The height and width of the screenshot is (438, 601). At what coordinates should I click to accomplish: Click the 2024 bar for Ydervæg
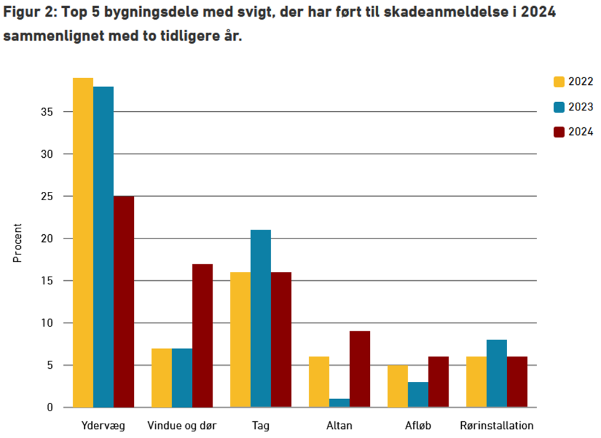[124, 302]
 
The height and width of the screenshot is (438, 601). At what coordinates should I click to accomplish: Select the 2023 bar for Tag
[260, 318]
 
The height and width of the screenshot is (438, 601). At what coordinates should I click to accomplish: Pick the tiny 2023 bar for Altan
[339, 403]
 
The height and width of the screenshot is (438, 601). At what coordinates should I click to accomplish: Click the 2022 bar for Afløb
[397, 386]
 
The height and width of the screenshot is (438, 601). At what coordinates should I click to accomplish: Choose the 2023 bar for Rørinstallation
[496, 373]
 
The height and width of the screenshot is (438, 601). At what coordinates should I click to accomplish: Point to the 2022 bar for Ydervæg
[83, 243]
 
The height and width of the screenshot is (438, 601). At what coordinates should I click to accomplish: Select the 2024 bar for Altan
[360, 369]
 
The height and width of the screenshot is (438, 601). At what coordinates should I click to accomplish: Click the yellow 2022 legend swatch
[560, 82]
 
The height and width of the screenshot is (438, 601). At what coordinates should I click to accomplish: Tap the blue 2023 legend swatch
[560, 107]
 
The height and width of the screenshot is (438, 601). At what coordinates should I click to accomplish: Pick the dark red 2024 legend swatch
[560, 132]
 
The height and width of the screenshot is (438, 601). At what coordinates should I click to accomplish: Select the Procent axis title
[17, 243]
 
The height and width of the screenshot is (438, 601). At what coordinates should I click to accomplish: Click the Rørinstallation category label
[496, 426]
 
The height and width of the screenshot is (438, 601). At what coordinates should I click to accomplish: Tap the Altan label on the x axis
[339, 426]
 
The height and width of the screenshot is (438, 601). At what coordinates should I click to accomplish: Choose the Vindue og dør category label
[182, 426]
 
